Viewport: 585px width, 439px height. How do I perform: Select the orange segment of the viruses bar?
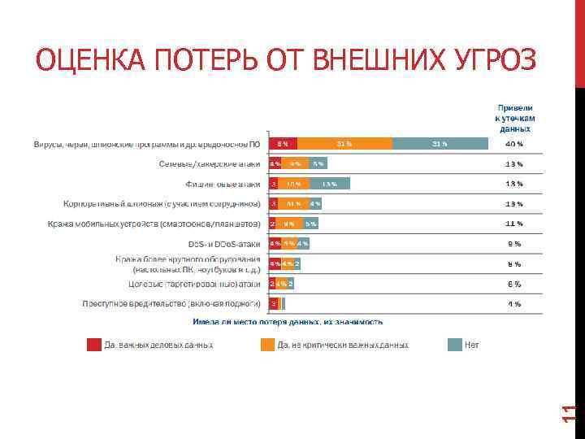(x=344, y=144)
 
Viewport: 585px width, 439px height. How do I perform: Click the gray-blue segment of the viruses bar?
(x=440, y=144)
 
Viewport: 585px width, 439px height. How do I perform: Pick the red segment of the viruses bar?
(x=282, y=144)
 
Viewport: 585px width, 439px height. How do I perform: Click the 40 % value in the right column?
(x=513, y=144)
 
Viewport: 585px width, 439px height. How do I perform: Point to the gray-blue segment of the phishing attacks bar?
(x=328, y=184)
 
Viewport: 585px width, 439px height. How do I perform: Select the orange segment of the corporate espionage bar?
(x=292, y=203)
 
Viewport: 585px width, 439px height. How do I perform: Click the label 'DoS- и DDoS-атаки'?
(x=225, y=243)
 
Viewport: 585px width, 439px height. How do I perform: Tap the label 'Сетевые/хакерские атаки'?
(x=210, y=164)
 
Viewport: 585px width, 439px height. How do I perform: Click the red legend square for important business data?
(x=94, y=345)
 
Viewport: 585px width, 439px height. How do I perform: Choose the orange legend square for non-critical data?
(x=267, y=345)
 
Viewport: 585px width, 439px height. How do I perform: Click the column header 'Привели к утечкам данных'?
(x=514, y=118)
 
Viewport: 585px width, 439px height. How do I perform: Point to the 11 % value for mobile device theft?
(x=513, y=224)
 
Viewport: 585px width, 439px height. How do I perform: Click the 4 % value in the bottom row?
(x=513, y=304)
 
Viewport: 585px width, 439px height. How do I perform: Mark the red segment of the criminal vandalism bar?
(x=274, y=304)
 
